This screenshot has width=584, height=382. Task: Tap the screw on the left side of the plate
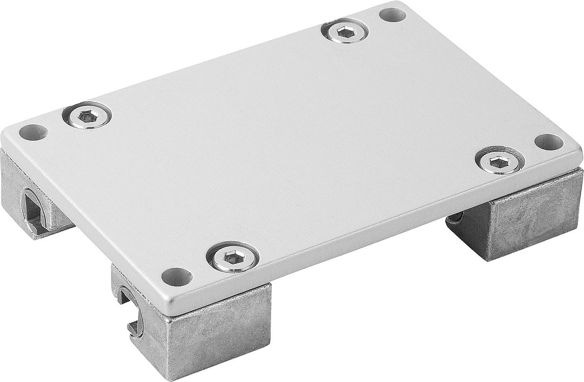point(88,116)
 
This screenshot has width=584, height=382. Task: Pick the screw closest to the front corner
point(232,257)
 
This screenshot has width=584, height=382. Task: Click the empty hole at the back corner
point(392,15)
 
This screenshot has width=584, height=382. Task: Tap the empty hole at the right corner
point(548,142)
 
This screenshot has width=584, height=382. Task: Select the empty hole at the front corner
point(176,277)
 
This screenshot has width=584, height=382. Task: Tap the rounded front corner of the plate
point(168,304)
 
